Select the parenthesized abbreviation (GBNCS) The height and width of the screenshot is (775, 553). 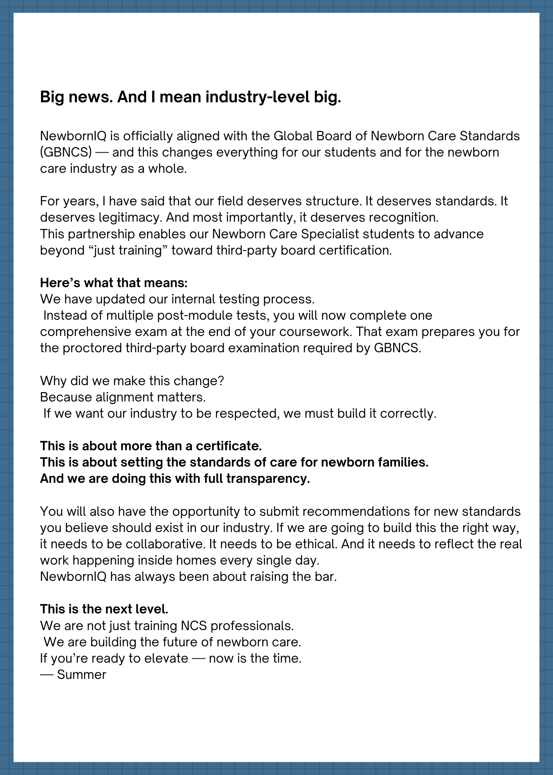coord(66,152)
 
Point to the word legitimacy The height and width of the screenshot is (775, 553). coord(130,217)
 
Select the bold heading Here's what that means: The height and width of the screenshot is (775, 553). coord(114,283)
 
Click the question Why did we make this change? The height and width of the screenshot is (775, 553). coord(132,381)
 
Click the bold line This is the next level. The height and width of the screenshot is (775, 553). coord(104,609)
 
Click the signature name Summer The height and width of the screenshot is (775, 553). coord(81,675)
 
